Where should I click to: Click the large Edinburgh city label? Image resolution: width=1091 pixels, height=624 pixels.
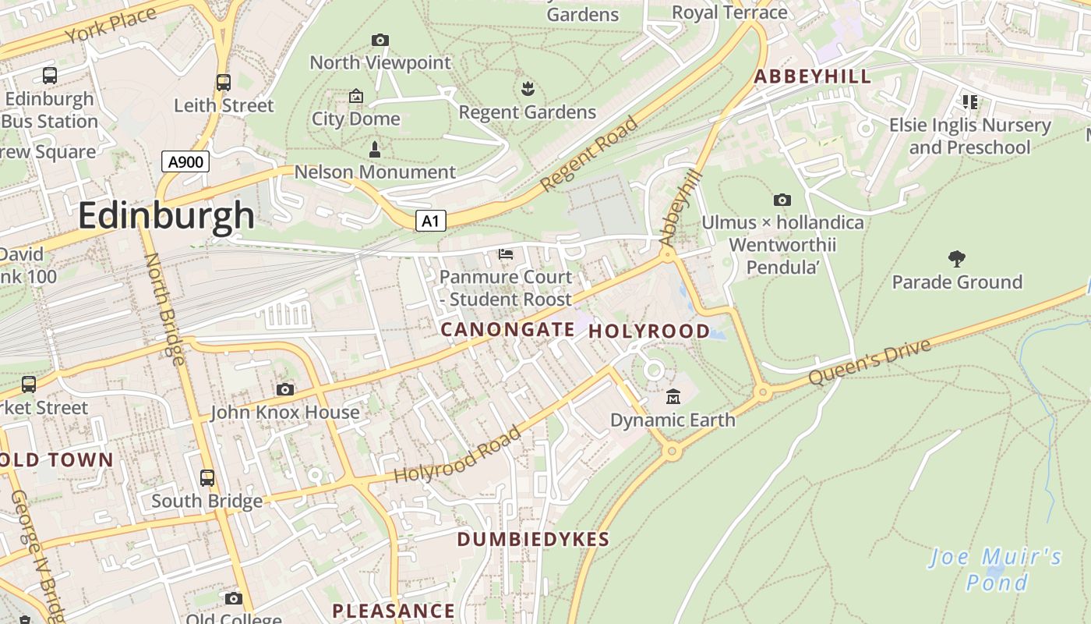[x=166, y=214]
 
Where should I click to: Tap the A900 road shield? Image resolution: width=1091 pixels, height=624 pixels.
[x=185, y=162]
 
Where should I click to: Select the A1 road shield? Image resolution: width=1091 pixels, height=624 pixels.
[x=430, y=222]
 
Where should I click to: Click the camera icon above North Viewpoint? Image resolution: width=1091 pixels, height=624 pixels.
[x=380, y=40]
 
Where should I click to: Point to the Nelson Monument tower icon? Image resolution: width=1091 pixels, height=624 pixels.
[x=375, y=149]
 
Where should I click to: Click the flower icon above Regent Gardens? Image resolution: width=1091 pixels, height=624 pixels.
[x=528, y=88]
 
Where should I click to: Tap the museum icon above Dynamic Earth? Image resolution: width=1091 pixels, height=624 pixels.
[x=673, y=397]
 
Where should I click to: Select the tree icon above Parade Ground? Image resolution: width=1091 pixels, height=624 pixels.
[x=957, y=259]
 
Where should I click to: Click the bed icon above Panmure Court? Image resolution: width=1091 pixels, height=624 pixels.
[x=506, y=254]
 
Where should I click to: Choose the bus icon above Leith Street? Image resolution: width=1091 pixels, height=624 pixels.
[x=224, y=82]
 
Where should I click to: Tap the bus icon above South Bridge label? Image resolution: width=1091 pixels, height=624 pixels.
[x=207, y=478]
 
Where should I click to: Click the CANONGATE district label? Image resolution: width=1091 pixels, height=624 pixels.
[x=507, y=330]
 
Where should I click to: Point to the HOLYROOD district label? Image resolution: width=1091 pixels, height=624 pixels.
[x=649, y=331]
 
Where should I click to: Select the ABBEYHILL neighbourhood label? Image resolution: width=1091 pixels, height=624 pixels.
[x=812, y=76]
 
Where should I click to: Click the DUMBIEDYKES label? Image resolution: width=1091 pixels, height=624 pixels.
[x=533, y=539]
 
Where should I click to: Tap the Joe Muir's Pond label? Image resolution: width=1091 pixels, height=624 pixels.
[x=997, y=569]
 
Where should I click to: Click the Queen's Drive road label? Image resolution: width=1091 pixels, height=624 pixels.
[x=870, y=362]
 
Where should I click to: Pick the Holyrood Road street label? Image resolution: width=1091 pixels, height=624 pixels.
[x=457, y=455]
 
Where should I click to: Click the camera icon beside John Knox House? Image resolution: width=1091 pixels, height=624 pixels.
[x=285, y=389]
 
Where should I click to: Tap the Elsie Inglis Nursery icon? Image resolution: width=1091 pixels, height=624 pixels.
[x=970, y=101]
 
